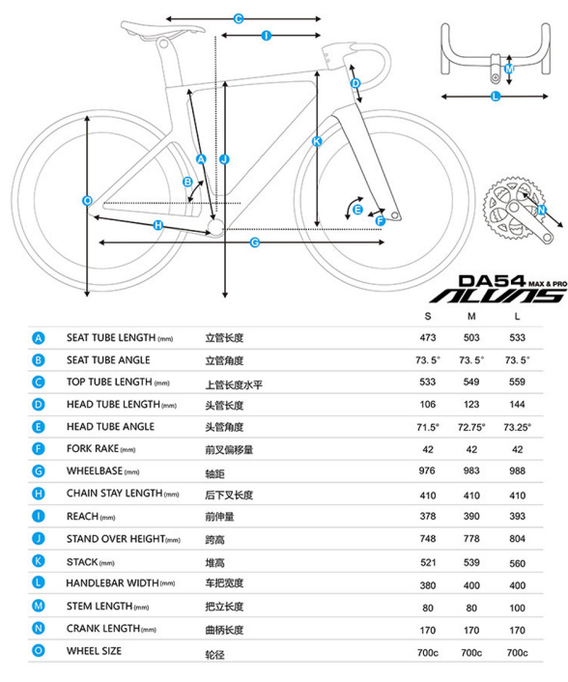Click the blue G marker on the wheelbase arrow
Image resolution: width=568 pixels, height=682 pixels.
(x=255, y=242)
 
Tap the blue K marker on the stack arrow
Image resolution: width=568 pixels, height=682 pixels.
(x=317, y=141)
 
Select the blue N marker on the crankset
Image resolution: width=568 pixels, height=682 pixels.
(x=541, y=210)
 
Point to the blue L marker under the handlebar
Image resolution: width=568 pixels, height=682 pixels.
(x=496, y=97)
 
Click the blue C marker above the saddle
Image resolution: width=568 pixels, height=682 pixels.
(x=239, y=18)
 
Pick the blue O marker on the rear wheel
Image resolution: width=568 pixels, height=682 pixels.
(x=87, y=201)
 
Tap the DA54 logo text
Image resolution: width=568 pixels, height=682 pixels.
(x=493, y=281)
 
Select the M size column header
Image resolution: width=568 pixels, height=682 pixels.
(x=471, y=316)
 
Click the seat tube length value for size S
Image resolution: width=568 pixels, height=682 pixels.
(x=428, y=337)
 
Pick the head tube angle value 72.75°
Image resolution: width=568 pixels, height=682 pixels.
(x=471, y=427)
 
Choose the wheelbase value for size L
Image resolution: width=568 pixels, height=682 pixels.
(x=517, y=471)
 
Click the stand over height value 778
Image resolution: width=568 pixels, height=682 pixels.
(x=471, y=538)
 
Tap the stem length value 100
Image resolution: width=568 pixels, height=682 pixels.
(x=517, y=608)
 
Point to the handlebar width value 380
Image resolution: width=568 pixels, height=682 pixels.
(x=428, y=585)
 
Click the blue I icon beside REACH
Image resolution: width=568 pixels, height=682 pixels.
(x=39, y=516)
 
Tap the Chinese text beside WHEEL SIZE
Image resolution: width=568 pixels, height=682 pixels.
(x=214, y=655)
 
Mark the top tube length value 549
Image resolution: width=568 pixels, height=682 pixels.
(x=471, y=382)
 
